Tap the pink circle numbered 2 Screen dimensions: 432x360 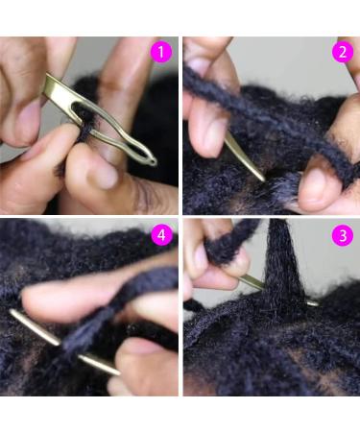[x=343, y=52]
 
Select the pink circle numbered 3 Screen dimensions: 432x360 [x=343, y=234]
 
